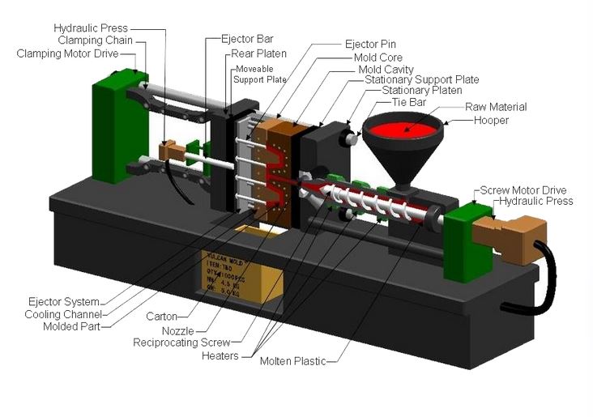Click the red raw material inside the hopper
(406, 129)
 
